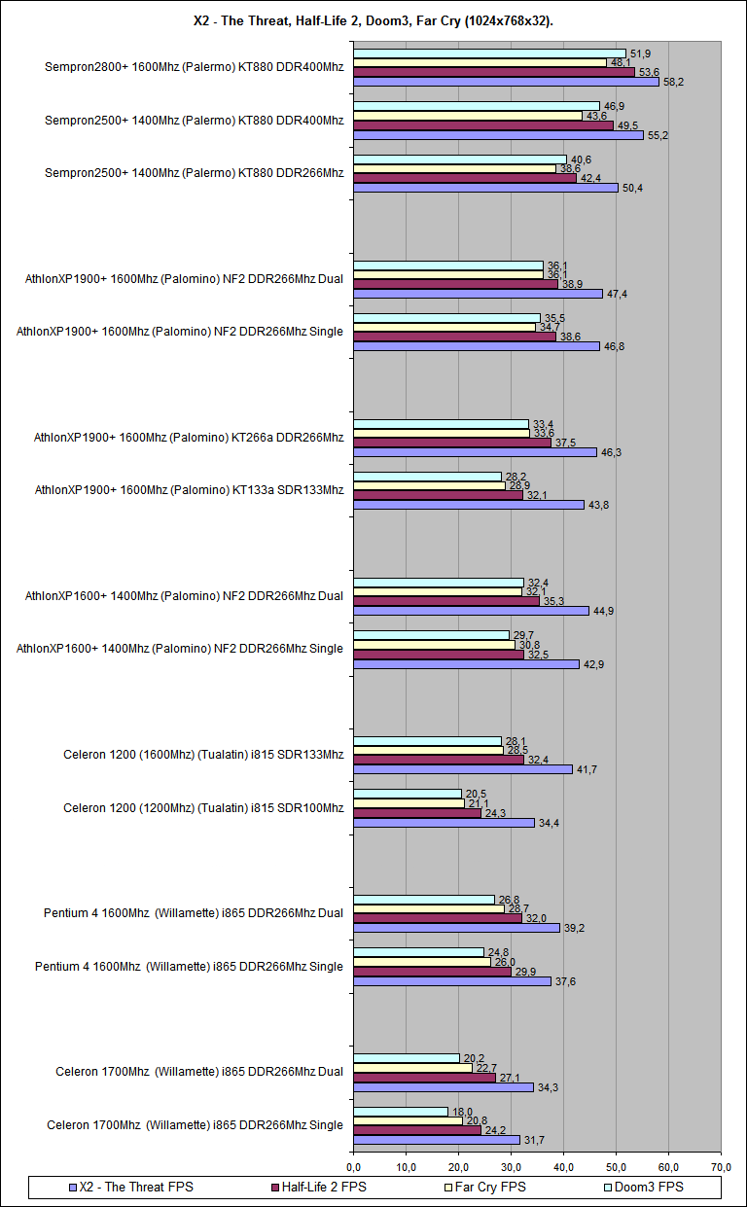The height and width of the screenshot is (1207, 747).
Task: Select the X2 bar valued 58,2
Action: pyautogui.click(x=506, y=82)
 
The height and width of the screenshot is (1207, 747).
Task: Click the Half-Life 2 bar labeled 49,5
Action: pyautogui.click(x=482, y=125)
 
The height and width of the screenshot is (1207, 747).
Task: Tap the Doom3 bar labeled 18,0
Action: pyautogui.click(x=401, y=1111)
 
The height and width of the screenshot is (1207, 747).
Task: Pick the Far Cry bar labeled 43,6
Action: pyautogui.click(x=468, y=116)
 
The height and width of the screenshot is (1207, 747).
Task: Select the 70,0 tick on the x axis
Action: pyautogui.click(x=721, y=1165)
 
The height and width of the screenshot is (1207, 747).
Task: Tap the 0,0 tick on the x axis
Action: pyautogui.click(x=353, y=1165)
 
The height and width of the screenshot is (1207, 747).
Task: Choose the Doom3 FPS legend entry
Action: pyautogui.click(x=642, y=1187)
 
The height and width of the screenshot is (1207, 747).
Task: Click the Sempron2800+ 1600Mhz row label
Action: pyautogui.click(x=194, y=67)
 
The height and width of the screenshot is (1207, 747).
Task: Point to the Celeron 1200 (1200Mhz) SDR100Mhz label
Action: pyautogui.click(x=203, y=807)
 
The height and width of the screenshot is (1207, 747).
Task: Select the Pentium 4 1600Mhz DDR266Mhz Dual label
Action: pyautogui.click(x=193, y=912)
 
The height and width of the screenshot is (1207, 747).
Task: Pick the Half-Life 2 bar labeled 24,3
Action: pyautogui.click(x=416, y=813)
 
